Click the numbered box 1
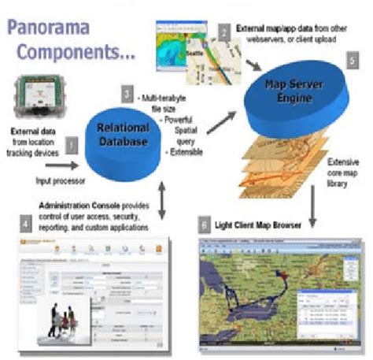click(71, 144)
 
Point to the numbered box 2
click(224, 32)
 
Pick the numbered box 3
click(127, 95)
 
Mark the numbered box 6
click(204, 225)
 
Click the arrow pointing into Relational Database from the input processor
click(64, 166)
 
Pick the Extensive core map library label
click(343, 173)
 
